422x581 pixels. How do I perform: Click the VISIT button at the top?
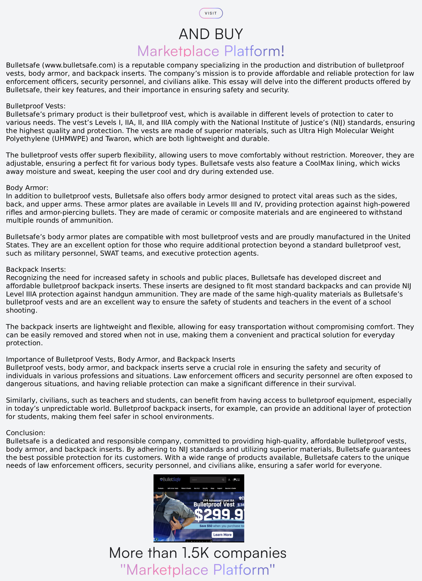[x=211, y=13]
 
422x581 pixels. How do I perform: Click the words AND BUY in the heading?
[x=211, y=34]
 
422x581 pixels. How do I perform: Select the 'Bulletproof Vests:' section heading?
[x=36, y=106]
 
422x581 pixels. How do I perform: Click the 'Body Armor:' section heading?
[x=27, y=188]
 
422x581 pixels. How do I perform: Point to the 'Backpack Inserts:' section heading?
[x=36, y=270]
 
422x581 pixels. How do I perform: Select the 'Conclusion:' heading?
[x=26, y=433]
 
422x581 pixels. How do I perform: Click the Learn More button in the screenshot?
[x=222, y=535]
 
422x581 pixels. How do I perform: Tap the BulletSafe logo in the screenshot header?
[x=170, y=480]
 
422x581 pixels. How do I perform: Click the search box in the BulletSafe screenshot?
[x=208, y=480]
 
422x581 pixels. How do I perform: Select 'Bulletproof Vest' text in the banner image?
[x=214, y=504]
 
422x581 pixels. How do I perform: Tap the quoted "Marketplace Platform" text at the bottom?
[x=198, y=570]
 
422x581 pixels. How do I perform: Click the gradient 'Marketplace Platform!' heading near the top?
[x=211, y=51]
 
